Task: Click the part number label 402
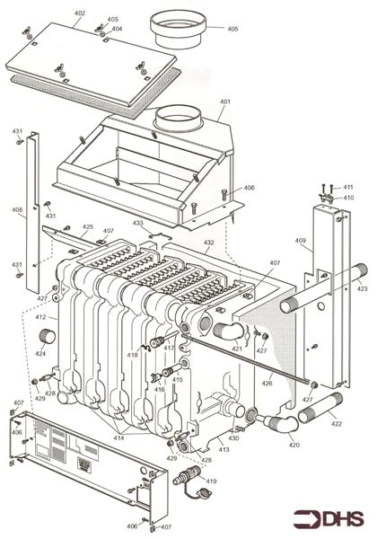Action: point(80,13)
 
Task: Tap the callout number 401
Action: point(224,102)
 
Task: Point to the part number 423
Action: point(361,289)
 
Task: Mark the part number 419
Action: point(211,482)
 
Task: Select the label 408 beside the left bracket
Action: point(17,211)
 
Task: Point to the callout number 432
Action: point(208,243)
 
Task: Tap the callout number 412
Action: point(40,317)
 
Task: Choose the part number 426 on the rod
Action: point(266,384)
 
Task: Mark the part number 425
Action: point(88,227)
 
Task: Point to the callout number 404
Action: point(117,29)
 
